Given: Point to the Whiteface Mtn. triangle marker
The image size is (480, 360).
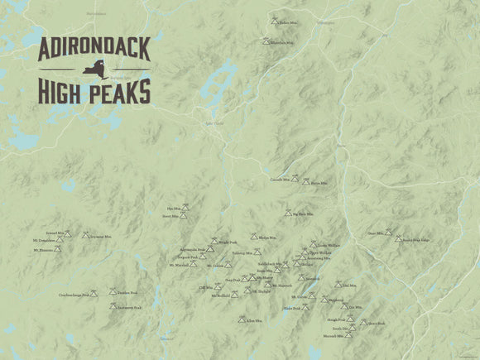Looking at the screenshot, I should pos(266,41).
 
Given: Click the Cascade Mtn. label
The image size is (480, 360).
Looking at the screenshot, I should pos(280,179).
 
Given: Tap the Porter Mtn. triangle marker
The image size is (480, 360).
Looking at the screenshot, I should pos(305,181).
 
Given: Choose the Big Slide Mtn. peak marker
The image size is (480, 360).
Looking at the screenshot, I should pos(288,213).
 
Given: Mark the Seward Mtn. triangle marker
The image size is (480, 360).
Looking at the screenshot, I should pos(68,234).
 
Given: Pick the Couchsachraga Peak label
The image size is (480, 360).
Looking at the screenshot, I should pos(74,294).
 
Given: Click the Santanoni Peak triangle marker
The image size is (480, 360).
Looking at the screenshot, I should pos(113,306).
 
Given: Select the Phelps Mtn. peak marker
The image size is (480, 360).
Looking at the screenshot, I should pos(255,236).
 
